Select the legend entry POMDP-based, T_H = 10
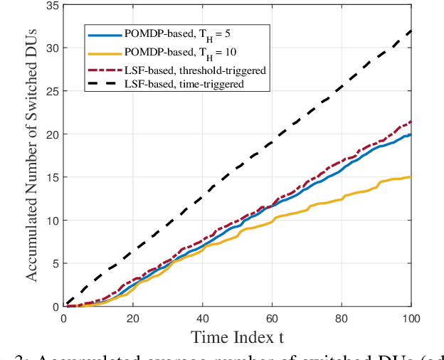tap(176, 52)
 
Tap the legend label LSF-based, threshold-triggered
tap(194, 70)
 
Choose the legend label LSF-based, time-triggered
tap(183, 83)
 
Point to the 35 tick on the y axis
tap(50, 5)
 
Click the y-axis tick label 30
tap(50, 48)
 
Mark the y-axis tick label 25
tap(50, 91)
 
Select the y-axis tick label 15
tap(50, 177)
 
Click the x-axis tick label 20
tap(133, 318)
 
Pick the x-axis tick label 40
tap(203, 318)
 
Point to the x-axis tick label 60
tap(273, 318)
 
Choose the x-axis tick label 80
tap(342, 318)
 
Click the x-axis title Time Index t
tap(238, 338)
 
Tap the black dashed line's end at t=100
tap(411, 31)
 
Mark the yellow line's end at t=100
tap(411, 177)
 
